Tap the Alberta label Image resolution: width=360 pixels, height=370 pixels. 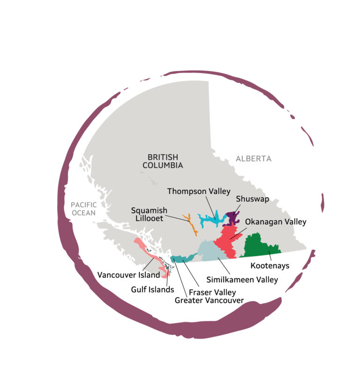tap(253, 159)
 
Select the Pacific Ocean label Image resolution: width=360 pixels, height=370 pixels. tap(83, 209)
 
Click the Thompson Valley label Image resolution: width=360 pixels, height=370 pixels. tap(199, 191)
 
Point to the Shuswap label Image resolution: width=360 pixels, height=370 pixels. tap(252, 199)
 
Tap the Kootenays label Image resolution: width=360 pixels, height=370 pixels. tap(270, 266)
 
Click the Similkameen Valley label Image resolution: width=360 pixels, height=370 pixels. tap(242, 280)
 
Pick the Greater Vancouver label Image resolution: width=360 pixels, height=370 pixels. tap(209, 300)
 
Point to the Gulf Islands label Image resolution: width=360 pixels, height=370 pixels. tap(152, 289)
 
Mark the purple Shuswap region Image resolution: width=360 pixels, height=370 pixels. tap(232, 218)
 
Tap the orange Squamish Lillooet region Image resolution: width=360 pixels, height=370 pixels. tap(191, 224)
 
